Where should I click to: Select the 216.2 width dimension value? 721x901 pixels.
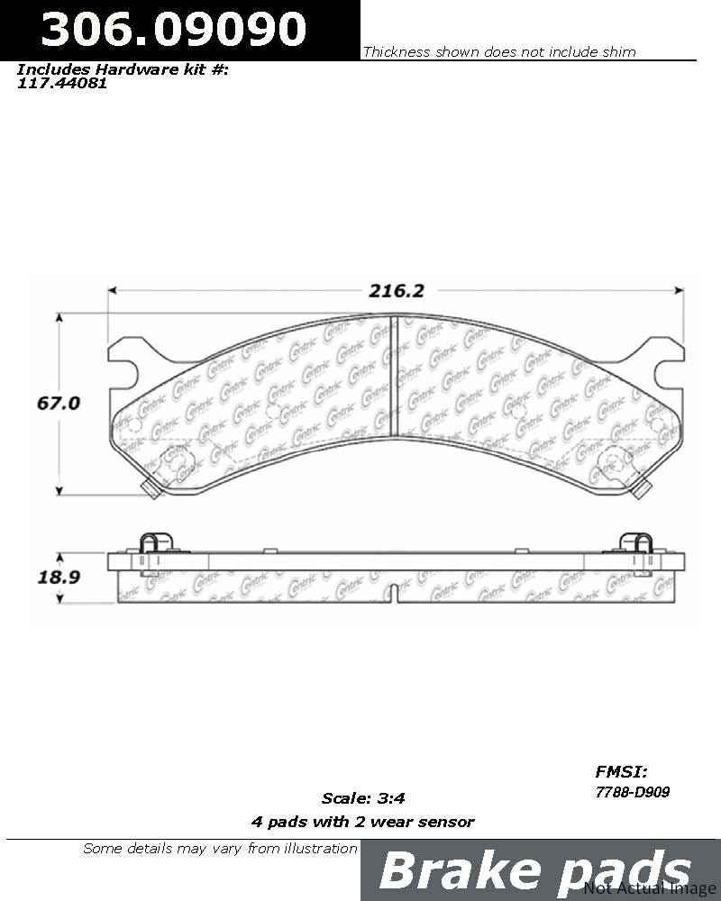[395, 290]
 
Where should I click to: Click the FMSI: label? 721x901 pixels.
[622, 771]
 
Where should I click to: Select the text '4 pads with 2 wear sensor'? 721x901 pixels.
[361, 821]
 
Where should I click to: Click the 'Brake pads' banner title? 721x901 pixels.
[535, 871]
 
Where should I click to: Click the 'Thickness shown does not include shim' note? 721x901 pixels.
[498, 52]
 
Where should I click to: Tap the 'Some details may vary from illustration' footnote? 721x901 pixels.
[220, 848]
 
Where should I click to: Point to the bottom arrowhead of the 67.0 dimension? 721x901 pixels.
[59, 491]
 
